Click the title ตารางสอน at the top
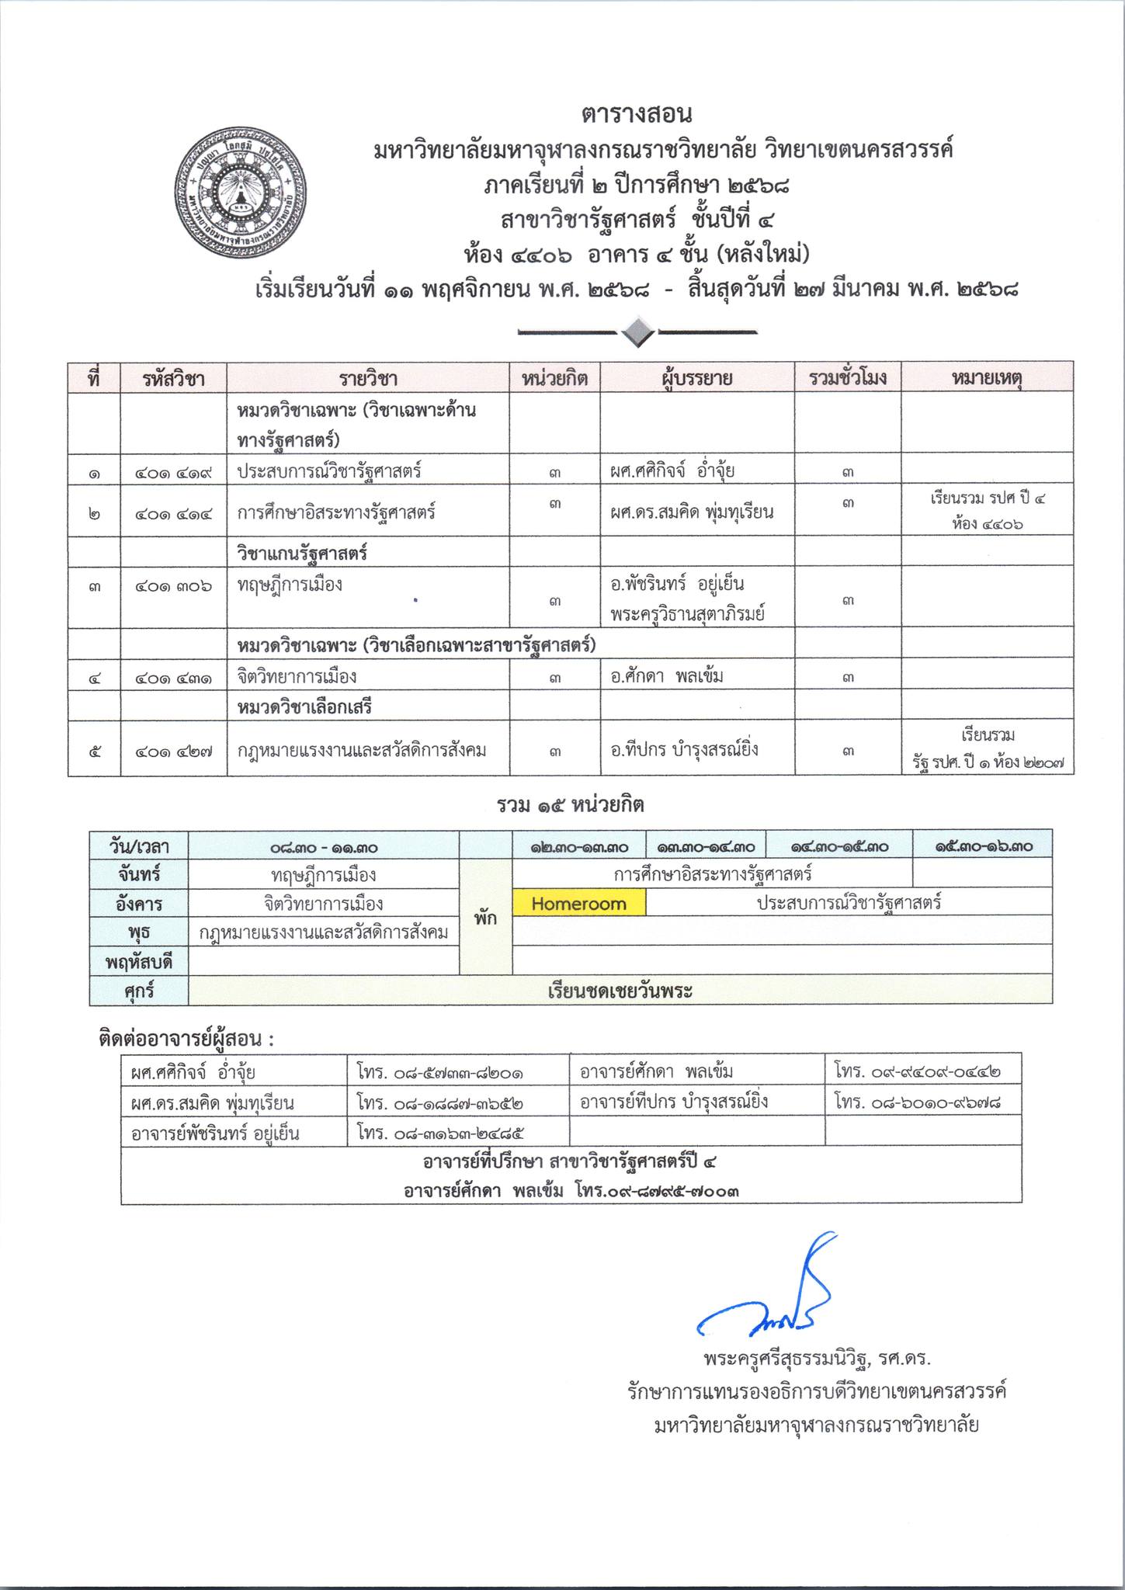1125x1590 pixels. point(636,115)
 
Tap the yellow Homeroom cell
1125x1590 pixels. point(578,904)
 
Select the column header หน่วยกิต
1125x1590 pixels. point(554,378)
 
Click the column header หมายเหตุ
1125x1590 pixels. point(987,378)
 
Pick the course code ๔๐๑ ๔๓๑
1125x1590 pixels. point(173,677)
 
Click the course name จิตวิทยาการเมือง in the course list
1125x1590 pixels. point(297,676)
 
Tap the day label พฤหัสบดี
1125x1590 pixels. point(139,963)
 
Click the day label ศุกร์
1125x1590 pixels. point(139,991)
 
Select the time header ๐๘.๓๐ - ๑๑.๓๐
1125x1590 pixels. point(324,847)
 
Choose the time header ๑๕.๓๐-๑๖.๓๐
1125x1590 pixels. point(983,847)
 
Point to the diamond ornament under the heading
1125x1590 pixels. point(637,332)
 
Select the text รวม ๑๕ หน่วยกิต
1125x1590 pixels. point(571,806)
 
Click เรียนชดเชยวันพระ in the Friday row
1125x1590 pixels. point(620,991)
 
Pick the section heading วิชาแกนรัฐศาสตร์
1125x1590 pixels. point(302,554)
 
